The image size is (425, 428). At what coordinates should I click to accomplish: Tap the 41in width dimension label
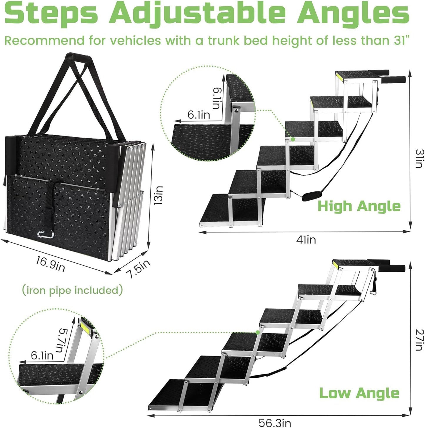(x=306, y=240)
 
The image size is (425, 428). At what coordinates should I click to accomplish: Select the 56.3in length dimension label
(x=275, y=423)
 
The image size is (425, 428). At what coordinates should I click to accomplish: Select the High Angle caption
(x=359, y=206)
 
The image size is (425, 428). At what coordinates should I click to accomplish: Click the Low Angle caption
(x=359, y=393)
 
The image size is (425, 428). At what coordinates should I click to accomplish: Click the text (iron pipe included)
(x=72, y=290)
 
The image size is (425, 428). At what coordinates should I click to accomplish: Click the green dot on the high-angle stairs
(x=293, y=139)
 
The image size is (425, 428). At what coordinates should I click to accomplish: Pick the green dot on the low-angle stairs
(x=258, y=332)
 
